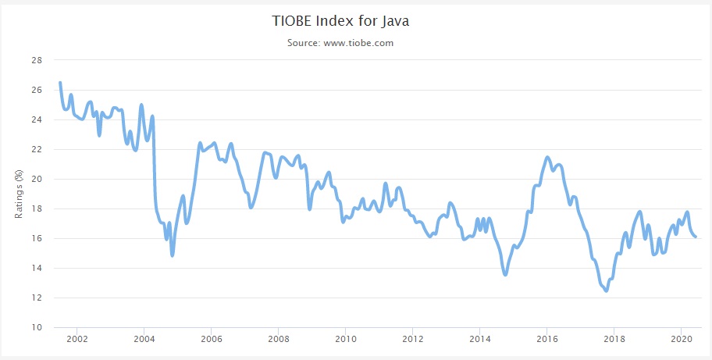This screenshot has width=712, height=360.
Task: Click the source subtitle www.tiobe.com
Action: coord(340,43)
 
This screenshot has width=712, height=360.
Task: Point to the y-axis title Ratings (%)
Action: coord(19,194)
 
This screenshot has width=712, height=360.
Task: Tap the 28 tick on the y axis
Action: coord(37,60)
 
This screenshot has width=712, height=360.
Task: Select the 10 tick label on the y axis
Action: coord(37,327)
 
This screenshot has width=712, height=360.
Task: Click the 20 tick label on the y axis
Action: coord(37,179)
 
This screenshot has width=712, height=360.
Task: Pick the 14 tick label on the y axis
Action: coord(37,268)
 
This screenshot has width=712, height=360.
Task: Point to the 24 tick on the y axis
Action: coord(37,119)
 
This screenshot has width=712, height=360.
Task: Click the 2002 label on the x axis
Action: coord(77,340)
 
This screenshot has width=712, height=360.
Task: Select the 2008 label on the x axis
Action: coord(278,340)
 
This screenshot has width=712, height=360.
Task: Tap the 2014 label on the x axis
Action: coord(479,340)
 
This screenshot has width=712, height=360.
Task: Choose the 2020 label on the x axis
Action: coord(681,340)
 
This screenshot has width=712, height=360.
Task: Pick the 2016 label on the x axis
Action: coord(546,340)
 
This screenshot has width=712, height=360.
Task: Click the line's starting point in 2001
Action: coord(60,82)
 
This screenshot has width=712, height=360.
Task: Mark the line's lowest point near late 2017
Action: coord(607,290)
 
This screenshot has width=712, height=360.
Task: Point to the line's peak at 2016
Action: coord(547,158)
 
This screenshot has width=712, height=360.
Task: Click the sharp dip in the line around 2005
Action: coord(172,255)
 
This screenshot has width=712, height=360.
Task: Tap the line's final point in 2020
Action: coord(696,237)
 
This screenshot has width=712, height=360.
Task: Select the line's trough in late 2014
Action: coord(506,274)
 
